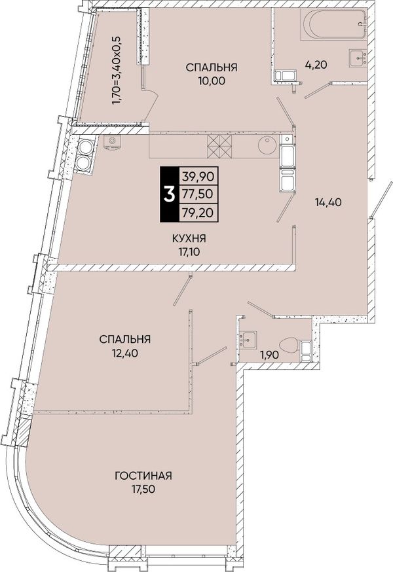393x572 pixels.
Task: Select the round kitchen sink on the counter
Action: [268, 145]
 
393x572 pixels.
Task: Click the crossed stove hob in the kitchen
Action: [219, 146]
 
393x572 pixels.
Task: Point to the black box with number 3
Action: [169, 194]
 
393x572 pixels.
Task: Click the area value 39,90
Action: [198, 177]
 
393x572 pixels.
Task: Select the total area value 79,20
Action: [198, 212]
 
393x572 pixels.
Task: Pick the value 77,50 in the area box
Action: [198, 194]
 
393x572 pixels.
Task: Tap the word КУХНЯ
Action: [189, 239]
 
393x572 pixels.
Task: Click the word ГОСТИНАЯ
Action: [143, 476]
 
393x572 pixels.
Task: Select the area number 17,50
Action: [143, 489]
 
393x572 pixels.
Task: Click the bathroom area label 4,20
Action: [316, 65]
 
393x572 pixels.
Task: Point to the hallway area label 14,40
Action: [328, 202]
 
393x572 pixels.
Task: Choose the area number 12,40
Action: [125, 353]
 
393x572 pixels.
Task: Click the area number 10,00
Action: [212, 80]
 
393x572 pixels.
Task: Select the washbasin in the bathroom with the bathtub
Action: [358, 58]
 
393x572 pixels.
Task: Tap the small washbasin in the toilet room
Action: [248, 340]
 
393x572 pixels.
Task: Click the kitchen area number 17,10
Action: [189, 251]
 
